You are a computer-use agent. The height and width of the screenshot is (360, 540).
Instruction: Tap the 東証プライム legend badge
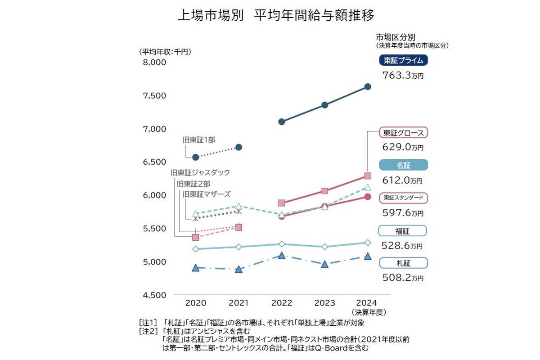point(403,60)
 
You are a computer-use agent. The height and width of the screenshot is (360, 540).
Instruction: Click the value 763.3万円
point(403,75)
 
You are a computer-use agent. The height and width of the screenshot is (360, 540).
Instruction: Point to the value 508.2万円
point(403,278)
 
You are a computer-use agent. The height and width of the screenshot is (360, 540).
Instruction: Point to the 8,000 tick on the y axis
point(154,63)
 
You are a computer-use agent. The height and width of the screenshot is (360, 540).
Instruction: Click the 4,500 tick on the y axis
point(154,295)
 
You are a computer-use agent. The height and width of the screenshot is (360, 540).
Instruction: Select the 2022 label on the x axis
point(282,303)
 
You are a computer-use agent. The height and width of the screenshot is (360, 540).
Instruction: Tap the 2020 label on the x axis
point(196,303)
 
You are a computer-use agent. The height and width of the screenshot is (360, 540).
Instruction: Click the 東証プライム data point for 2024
point(367,86)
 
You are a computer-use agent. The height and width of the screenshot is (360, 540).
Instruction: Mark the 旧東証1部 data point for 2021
point(239,147)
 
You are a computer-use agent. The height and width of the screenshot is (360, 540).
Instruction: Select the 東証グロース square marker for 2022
point(282,203)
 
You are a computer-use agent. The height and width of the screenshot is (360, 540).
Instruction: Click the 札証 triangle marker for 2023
point(325,264)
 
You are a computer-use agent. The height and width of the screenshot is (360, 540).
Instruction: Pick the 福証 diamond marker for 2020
point(196,249)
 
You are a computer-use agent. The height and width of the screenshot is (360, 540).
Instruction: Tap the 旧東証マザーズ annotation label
point(207,194)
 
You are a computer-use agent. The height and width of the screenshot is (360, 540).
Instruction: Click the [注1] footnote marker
point(148,323)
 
